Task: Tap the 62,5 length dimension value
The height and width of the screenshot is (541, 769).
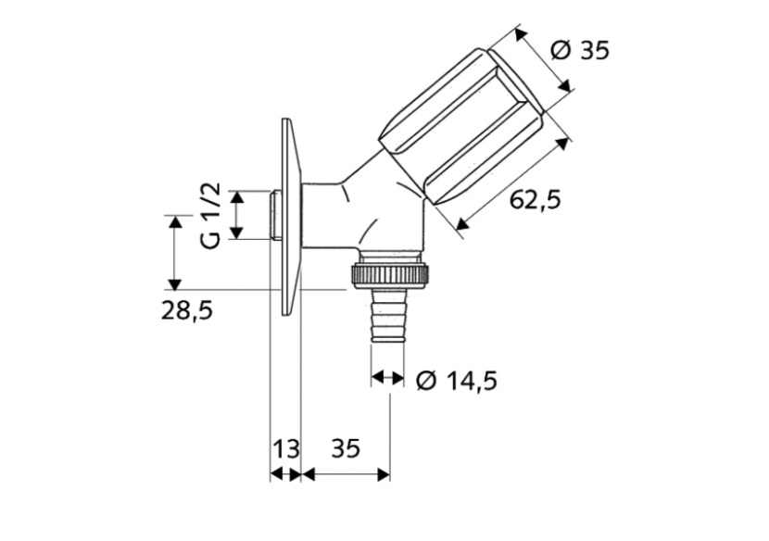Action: [536, 199]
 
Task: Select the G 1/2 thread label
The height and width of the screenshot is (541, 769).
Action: [211, 215]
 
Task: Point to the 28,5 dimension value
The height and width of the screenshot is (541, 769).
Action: [184, 312]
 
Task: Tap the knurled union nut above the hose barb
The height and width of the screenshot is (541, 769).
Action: [388, 273]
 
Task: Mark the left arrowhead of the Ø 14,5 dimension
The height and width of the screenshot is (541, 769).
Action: [377, 377]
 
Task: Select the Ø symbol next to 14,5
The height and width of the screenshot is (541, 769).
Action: [427, 380]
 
